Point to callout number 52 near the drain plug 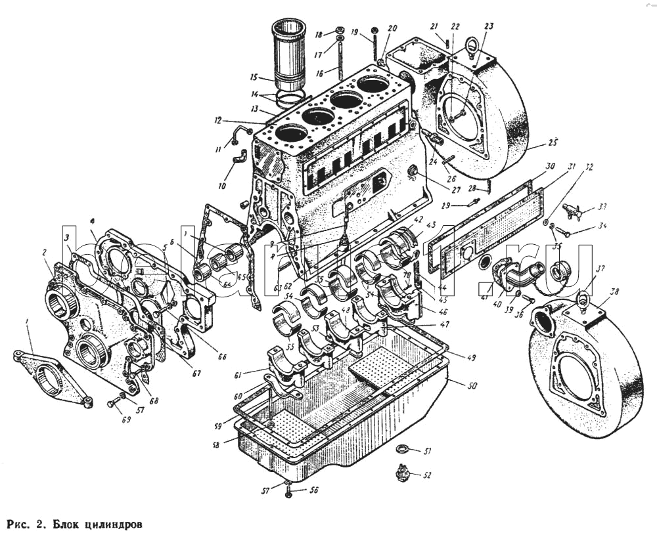(x=427, y=474)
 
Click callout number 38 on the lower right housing (x=614, y=291)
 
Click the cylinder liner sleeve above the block (x=290, y=56)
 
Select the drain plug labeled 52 (x=401, y=473)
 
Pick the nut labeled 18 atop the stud (x=340, y=30)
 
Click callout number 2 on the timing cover (x=45, y=253)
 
